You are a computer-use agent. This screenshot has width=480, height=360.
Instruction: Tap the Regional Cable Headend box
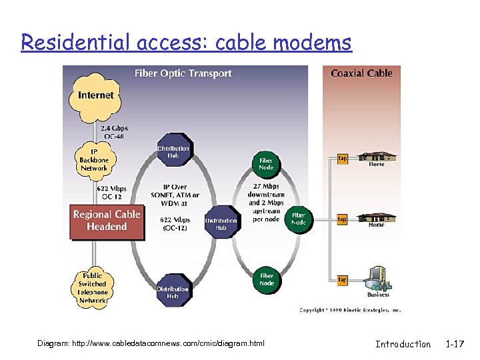tap(107, 220)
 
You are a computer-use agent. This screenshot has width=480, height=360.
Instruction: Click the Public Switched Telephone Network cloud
tap(92, 288)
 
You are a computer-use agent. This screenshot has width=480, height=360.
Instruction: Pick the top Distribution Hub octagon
tap(173, 152)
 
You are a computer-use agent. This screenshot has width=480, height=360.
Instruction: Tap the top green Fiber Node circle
tap(265, 164)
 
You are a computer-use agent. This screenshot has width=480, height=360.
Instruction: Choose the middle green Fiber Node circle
tap(298, 219)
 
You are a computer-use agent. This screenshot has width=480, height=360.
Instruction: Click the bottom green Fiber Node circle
tap(267, 279)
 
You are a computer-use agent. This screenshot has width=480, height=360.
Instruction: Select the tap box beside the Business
tap(342, 280)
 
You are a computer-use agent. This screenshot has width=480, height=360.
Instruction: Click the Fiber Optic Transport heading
tap(183, 73)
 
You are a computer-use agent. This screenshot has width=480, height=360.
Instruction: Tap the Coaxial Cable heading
tap(362, 73)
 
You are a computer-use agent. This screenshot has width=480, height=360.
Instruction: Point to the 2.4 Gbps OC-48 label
tap(115, 132)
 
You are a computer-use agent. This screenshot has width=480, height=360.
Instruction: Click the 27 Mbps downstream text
tap(266, 195)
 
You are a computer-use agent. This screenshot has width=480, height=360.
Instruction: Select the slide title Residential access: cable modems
tap(186, 43)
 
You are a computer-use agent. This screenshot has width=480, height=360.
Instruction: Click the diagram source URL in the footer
tap(151, 343)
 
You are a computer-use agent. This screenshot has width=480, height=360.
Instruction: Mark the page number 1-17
tap(457, 344)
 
